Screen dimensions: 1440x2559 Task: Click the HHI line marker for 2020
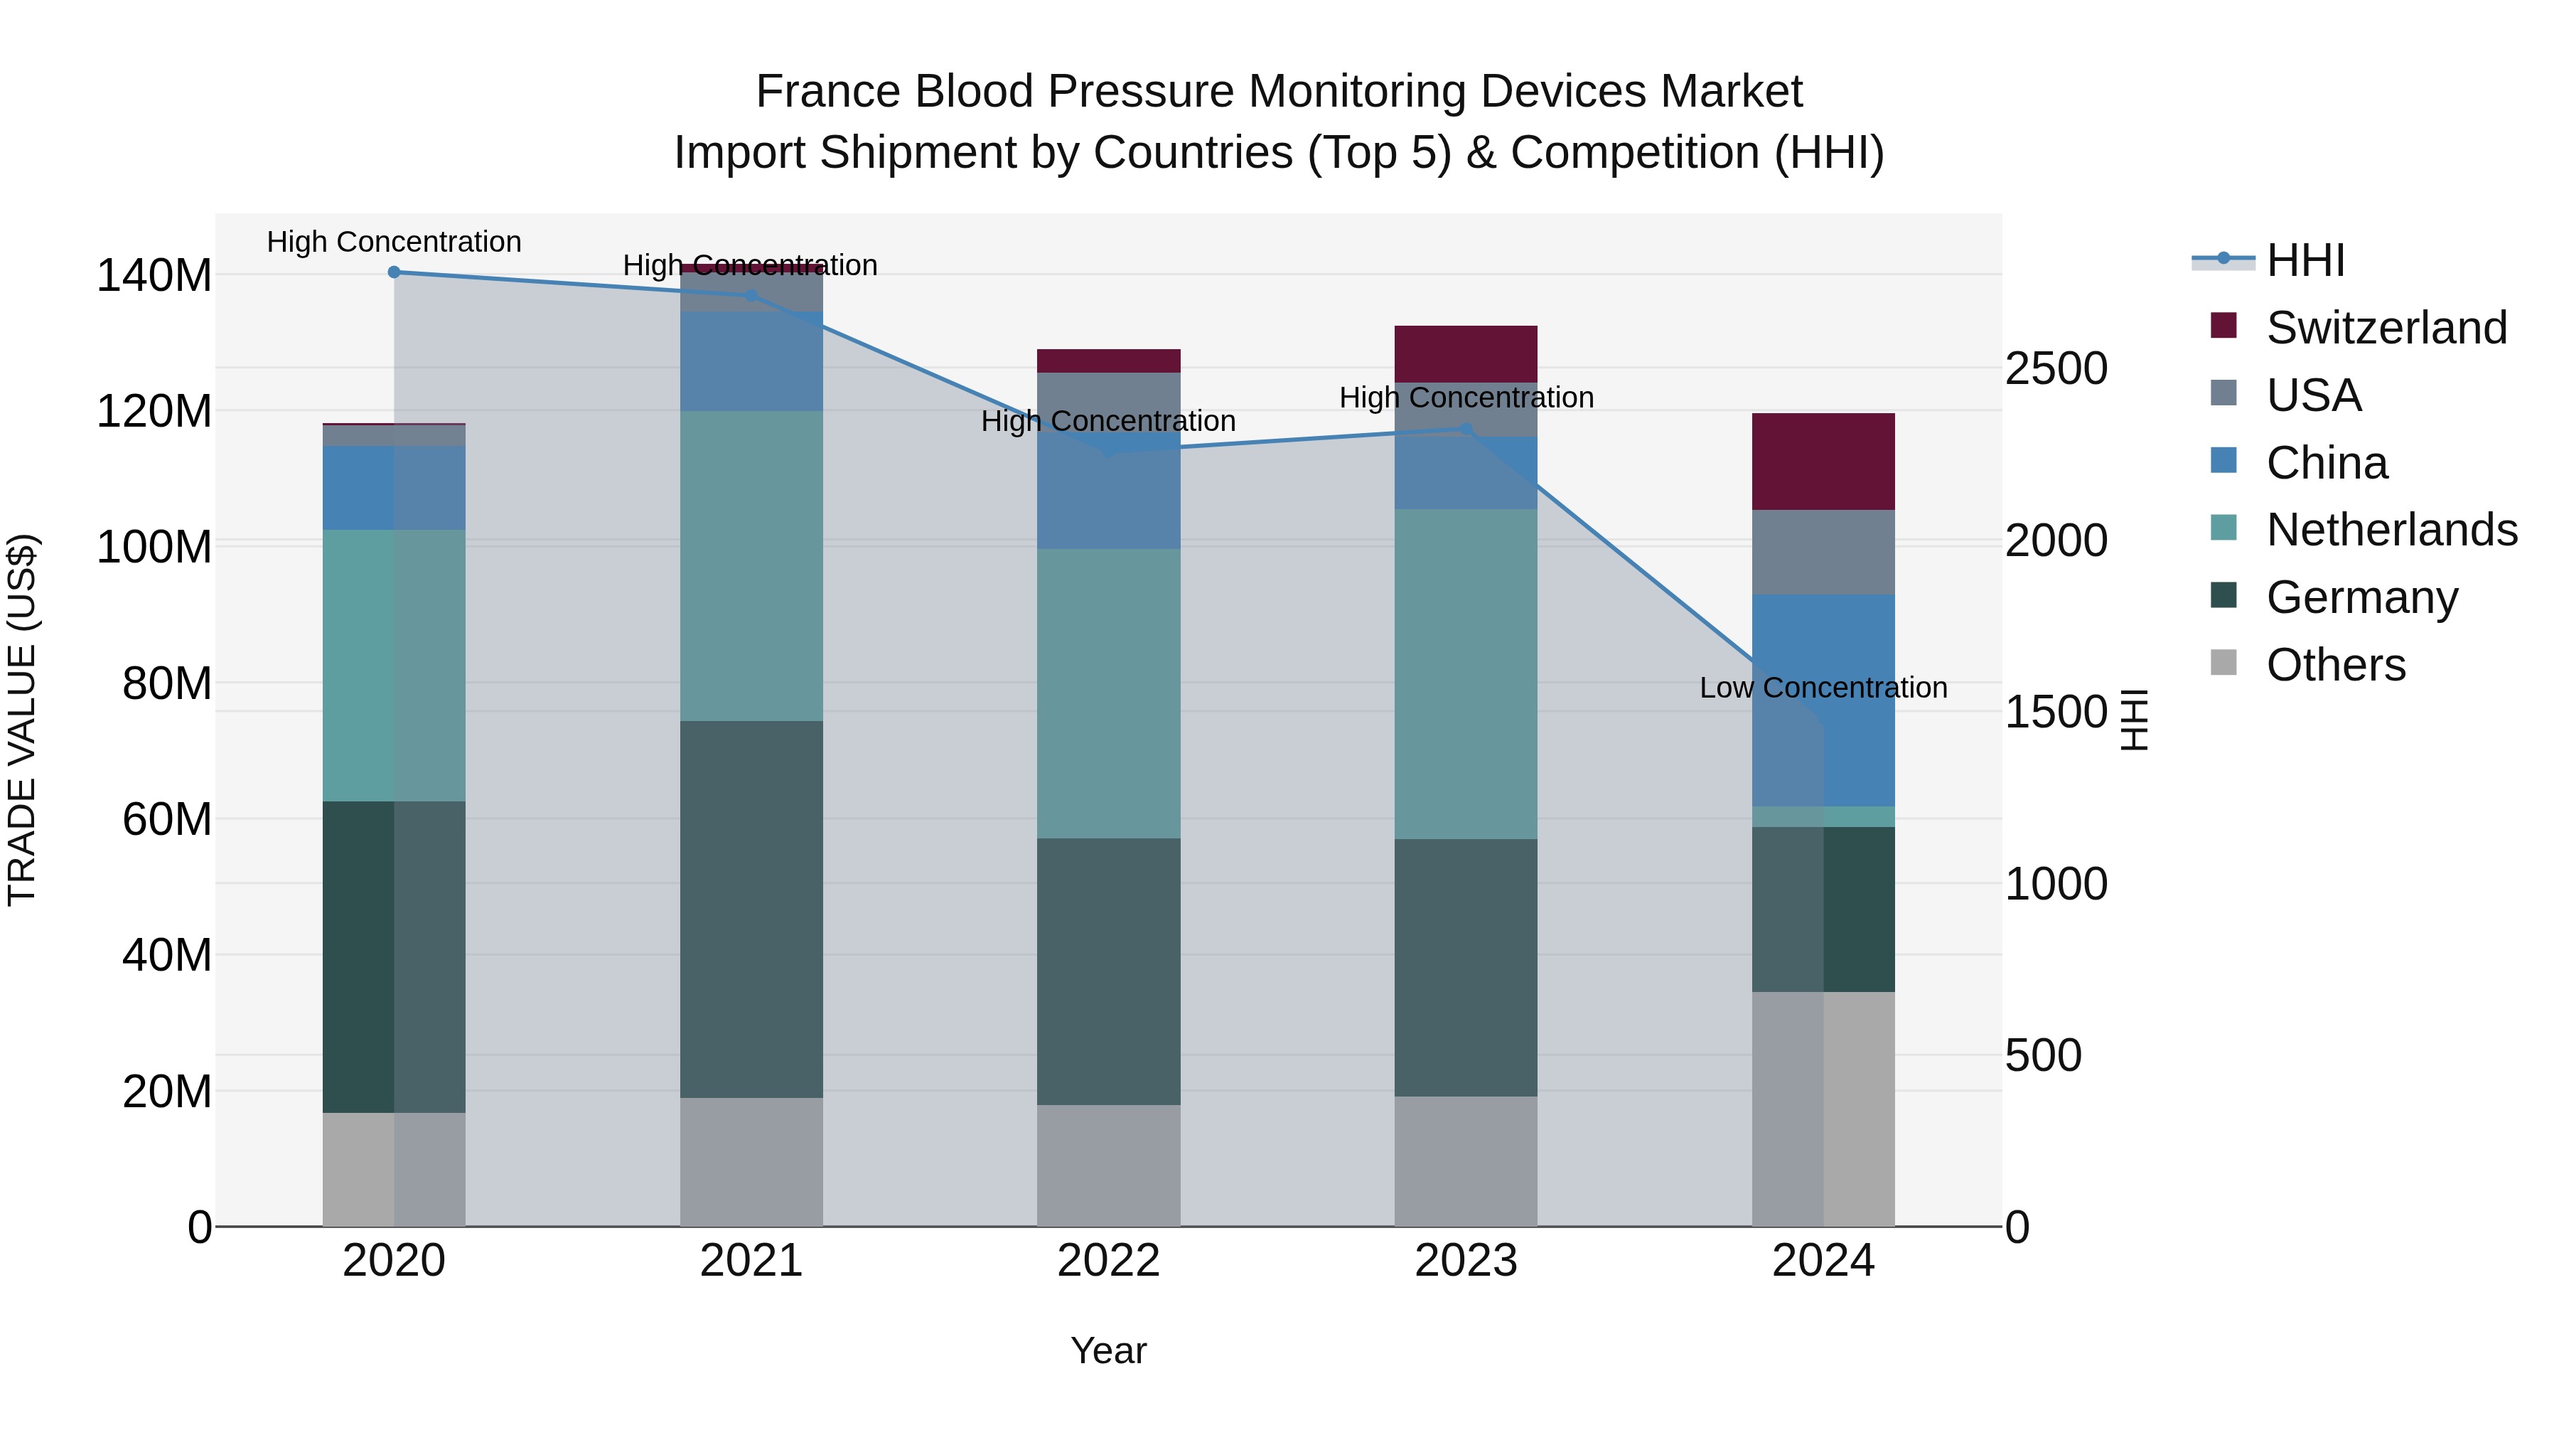click(x=395, y=272)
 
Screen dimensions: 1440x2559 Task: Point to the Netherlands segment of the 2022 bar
click(x=1109, y=693)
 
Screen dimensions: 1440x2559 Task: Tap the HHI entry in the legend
click(x=2305, y=260)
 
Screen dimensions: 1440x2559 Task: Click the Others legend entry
click(x=2334, y=665)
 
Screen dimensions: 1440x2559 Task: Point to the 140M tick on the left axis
click(x=154, y=275)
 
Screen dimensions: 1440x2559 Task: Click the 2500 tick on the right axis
click(x=2055, y=368)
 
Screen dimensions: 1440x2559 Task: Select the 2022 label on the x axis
click(x=1109, y=1261)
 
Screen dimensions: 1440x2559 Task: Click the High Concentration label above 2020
click(x=395, y=242)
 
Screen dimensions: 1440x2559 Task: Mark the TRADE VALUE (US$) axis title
click(x=23, y=720)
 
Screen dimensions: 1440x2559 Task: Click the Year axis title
click(x=1109, y=1350)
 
